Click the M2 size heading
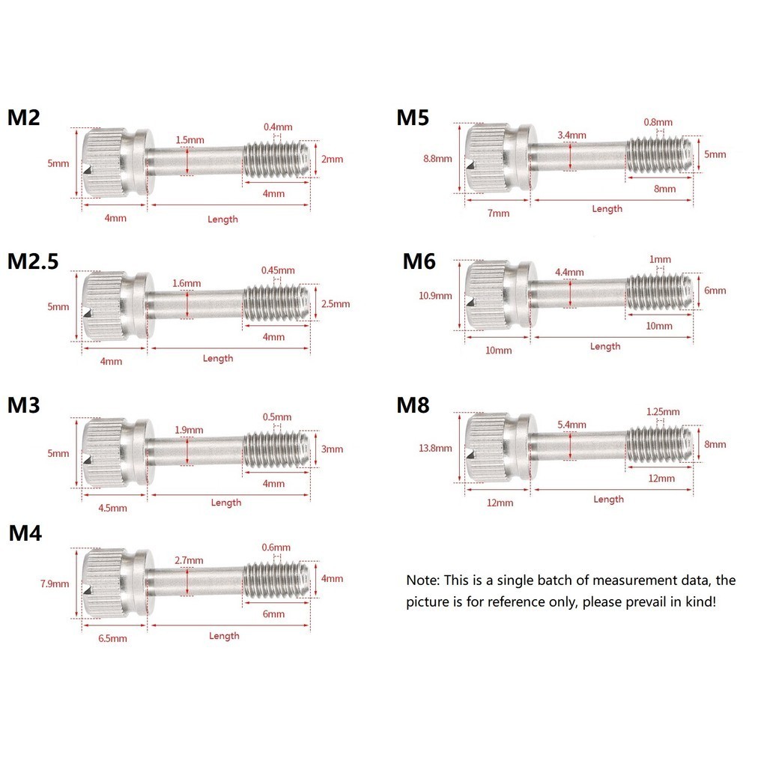(x=24, y=118)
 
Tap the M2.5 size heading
(x=33, y=261)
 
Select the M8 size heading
(x=413, y=405)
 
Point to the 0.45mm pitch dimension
(x=278, y=270)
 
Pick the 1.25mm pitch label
(x=663, y=411)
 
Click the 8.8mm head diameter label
(x=437, y=159)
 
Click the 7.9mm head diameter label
(x=55, y=584)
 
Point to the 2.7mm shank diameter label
(x=188, y=560)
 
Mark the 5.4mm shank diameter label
(x=572, y=425)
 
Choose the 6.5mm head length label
(x=112, y=638)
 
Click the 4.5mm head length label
(x=112, y=508)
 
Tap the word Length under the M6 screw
(x=605, y=346)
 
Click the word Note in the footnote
(x=422, y=580)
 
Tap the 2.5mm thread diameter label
(x=336, y=304)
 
